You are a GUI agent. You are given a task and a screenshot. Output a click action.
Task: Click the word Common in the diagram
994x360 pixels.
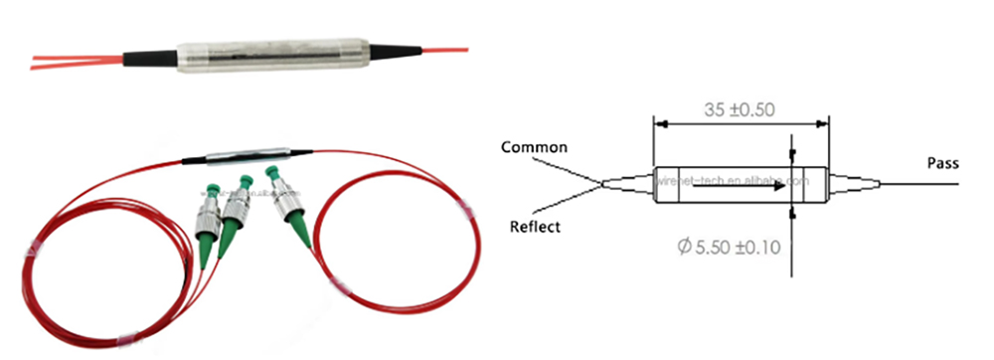[534, 148]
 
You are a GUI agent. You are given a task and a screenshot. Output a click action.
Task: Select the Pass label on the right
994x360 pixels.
[942, 162]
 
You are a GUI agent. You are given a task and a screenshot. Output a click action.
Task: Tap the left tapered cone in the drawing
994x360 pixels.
[627, 182]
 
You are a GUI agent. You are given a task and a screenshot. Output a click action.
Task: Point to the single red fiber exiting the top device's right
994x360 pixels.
[443, 48]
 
